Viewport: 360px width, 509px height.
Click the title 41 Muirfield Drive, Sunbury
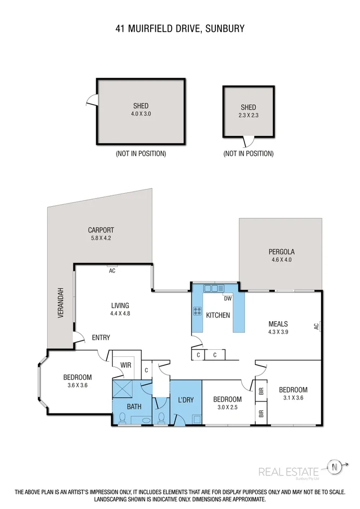pos(180,29)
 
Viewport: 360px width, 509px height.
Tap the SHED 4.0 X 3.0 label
pos(140,110)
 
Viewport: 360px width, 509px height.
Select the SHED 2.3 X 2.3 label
pos(248,111)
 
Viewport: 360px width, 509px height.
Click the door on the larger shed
pos(93,100)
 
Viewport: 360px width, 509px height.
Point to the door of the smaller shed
pos(248,142)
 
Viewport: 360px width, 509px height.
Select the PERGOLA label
pos(282,255)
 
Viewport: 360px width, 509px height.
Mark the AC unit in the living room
pos(112,270)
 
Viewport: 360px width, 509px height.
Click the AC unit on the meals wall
pos(318,326)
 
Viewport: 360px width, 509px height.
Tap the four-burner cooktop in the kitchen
pos(198,311)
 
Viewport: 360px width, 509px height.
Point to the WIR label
pos(126,365)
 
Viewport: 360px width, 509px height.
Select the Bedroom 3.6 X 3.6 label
pos(77,381)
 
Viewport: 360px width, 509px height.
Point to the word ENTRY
pos(100,338)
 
